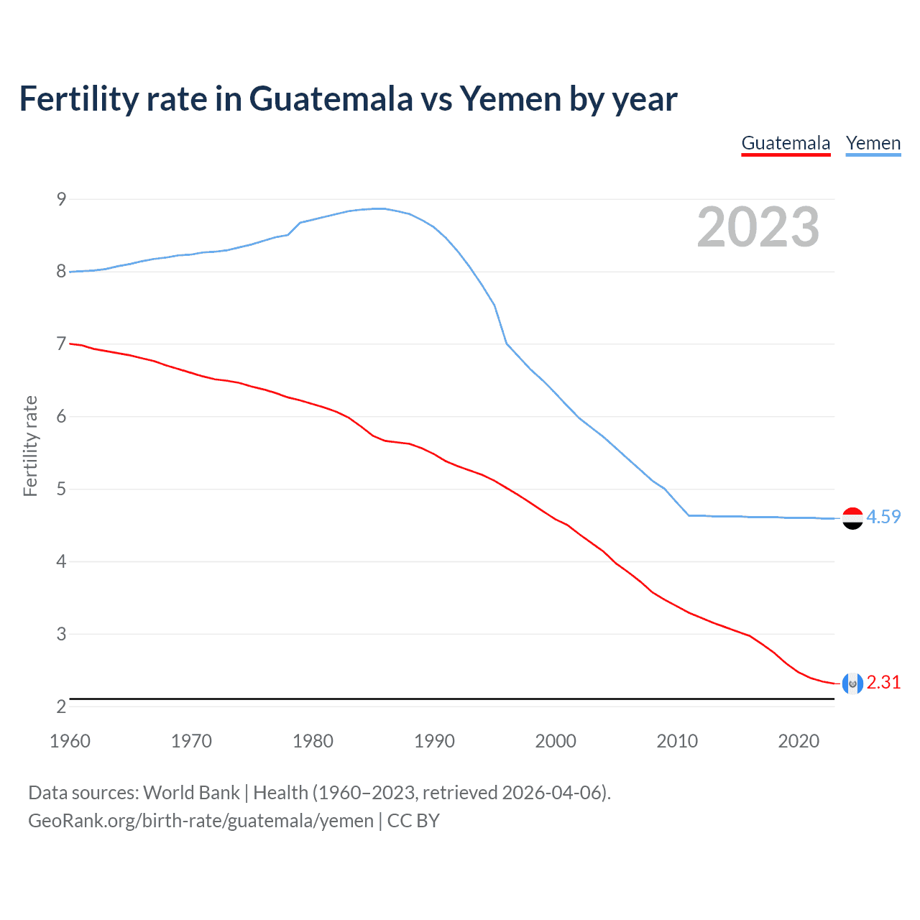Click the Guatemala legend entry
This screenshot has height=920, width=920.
(786, 143)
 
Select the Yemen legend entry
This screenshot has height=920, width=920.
(873, 143)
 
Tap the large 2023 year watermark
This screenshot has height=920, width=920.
(758, 227)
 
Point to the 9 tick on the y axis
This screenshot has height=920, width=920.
(61, 199)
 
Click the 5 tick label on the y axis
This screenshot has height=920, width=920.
(61, 489)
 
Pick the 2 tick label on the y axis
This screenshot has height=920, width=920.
(61, 707)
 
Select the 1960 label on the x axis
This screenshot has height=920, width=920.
(70, 741)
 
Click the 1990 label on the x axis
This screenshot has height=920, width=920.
(434, 741)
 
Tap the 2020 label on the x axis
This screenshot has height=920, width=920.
(799, 741)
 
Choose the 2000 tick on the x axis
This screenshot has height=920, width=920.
(556, 741)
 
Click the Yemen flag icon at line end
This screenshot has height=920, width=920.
(852, 518)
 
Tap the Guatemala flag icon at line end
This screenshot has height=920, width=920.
(852, 684)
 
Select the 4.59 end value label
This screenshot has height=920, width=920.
(883, 517)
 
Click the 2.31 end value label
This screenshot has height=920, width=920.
(883, 682)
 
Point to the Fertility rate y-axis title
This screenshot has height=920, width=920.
(30, 446)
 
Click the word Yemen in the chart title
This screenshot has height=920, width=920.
(510, 99)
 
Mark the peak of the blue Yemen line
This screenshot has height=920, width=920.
(379, 208)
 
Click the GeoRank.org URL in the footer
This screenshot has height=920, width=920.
(201, 821)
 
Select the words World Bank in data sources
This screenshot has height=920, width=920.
(191, 793)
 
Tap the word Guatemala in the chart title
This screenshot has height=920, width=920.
(331, 99)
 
